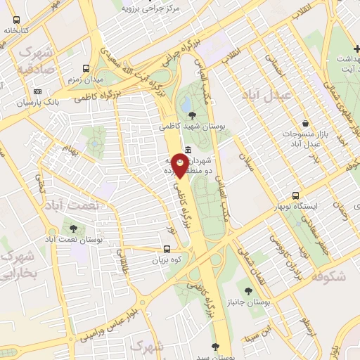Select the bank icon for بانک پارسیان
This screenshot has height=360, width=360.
pyautogui.click(x=37, y=91)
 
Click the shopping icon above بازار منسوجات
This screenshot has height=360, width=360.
pyautogui.click(x=305, y=122)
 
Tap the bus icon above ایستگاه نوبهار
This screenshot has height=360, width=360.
pyautogui.click(x=296, y=195)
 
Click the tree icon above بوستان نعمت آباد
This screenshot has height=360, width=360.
pyautogui.click(x=74, y=229)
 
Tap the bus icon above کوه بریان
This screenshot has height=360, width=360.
pyautogui.click(x=167, y=249)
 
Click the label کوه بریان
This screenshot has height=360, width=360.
pyautogui.click(x=167, y=260)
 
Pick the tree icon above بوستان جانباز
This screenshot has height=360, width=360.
pyautogui.click(x=247, y=290)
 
